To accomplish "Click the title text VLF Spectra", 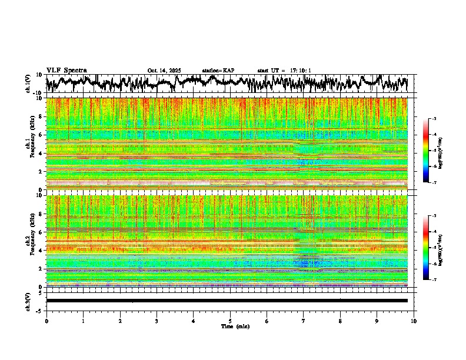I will click(x=66, y=70).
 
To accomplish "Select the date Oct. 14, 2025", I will click(x=164, y=71).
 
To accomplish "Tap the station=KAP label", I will click(x=218, y=71).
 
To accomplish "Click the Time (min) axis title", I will click(x=235, y=326).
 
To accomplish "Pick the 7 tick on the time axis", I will click(x=304, y=321).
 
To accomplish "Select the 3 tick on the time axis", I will click(x=157, y=321).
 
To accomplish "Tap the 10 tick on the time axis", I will click(x=414, y=321).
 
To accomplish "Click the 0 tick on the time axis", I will click(x=46, y=321).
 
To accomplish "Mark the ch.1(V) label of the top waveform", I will click(x=28, y=84).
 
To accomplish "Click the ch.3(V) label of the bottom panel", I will click(x=28, y=300).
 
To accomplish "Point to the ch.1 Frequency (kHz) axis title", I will click(x=31, y=144).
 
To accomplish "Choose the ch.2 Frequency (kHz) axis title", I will click(x=31, y=241).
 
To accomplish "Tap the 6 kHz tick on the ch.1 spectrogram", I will click(x=41, y=135).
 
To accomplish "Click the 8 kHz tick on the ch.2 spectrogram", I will click(x=41, y=214).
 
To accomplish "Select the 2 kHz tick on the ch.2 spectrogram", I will click(x=41, y=269).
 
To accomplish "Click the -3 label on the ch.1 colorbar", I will click(x=434, y=119).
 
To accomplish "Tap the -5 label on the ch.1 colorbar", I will click(x=434, y=151).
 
